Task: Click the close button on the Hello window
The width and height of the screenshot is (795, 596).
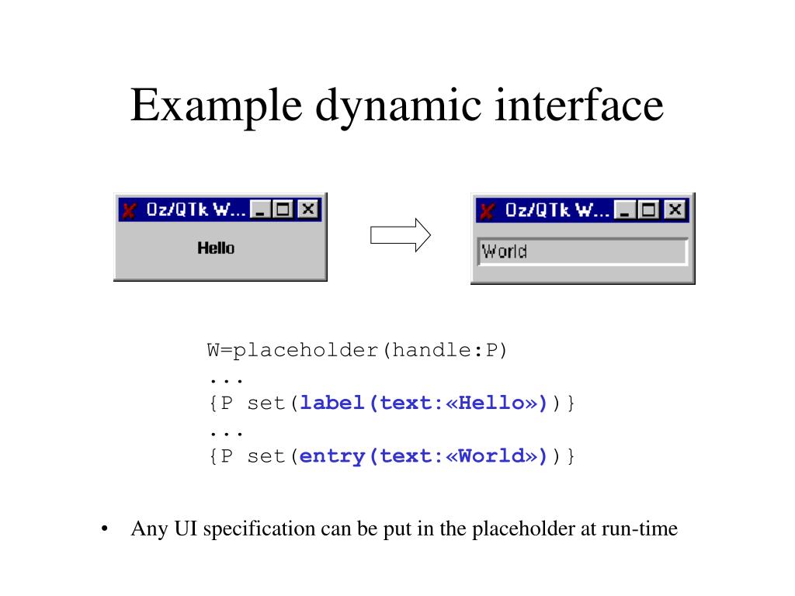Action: pyautogui.click(x=309, y=209)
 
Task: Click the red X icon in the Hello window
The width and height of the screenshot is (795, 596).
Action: pyautogui.click(x=130, y=210)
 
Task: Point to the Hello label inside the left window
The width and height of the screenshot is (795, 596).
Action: pyautogui.click(x=216, y=248)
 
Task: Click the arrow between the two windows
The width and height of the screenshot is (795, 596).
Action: pyautogui.click(x=400, y=235)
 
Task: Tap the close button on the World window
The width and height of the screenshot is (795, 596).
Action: pyautogui.click(x=675, y=210)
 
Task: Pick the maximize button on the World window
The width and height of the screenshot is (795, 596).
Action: pyautogui.click(x=649, y=210)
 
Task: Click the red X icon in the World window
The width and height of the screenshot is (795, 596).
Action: pyautogui.click(x=488, y=210)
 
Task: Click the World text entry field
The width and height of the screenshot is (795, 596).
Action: pyautogui.click(x=582, y=251)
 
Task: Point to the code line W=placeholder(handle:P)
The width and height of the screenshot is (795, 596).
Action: pyautogui.click(x=356, y=350)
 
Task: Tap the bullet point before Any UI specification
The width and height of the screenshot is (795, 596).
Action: pyautogui.click(x=104, y=530)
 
